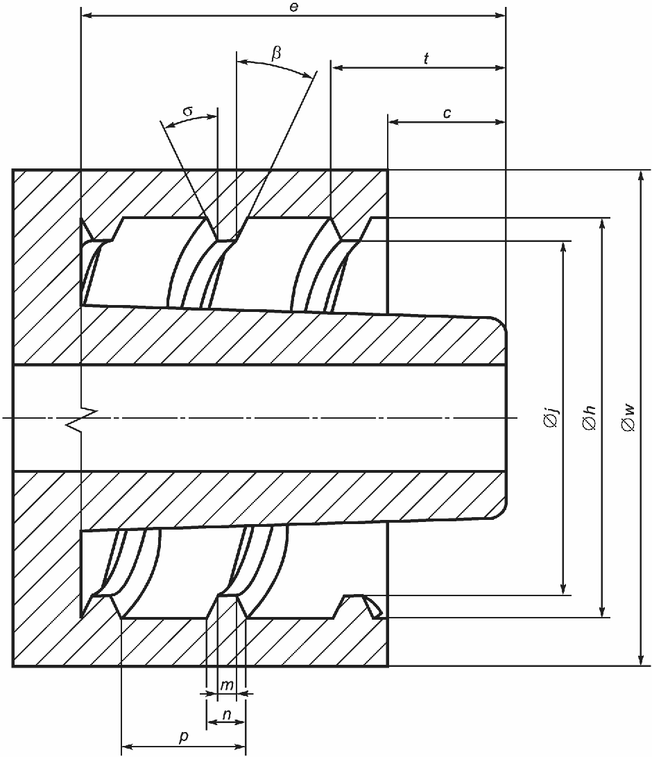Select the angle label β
pos(276,53)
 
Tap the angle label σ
pos(188,111)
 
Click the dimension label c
pos(447,112)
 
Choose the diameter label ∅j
pos(552,418)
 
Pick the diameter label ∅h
pos(591,418)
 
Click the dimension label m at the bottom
pos(226,685)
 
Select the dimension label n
pos(226,713)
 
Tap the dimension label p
pos(183,738)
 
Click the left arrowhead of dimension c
pos(393,121)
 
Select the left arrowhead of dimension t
pos(336,68)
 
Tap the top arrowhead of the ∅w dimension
pos(640,175)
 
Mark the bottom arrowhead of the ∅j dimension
pos(563,590)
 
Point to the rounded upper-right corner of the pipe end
pos(499,323)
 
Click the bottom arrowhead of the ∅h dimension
pos(601,612)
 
